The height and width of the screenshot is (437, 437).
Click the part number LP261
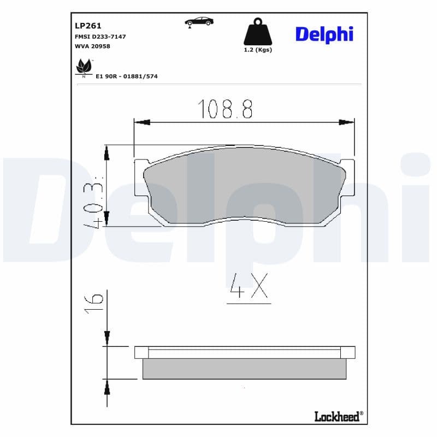pos(88,25)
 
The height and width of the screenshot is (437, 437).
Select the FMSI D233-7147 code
pos(100,36)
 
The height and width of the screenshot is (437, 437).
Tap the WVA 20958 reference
pos(92,46)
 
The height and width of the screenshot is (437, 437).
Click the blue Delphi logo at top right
pos(324,34)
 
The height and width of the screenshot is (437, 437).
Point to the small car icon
pos(199,21)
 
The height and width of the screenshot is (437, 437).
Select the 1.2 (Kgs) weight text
pos(257,50)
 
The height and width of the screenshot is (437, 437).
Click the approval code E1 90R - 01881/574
pos(127,76)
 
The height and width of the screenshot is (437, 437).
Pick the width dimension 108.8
pos(225,109)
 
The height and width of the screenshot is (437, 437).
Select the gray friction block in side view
pos(245,369)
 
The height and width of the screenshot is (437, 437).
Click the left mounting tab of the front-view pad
pos(140,178)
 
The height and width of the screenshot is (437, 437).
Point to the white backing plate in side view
pos(245,352)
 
